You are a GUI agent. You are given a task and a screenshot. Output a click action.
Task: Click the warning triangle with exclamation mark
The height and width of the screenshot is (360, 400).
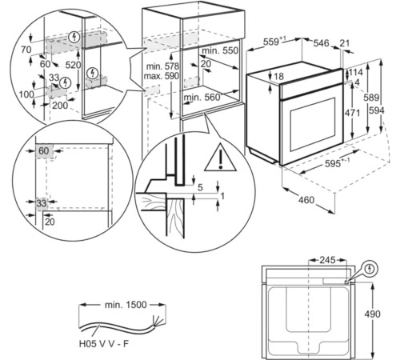(x=220, y=158)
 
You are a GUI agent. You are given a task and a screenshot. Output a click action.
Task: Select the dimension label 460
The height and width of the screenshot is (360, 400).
(x=306, y=200)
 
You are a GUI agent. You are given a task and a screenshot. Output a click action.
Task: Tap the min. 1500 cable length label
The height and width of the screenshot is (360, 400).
(x=126, y=305)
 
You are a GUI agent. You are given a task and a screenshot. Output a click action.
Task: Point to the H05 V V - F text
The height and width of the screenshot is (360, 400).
(x=104, y=344)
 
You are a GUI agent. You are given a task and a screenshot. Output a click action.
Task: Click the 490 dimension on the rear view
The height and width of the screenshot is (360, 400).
(x=372, y=314)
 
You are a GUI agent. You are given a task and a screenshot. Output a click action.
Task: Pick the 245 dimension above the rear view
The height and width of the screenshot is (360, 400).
(x=327, y=260)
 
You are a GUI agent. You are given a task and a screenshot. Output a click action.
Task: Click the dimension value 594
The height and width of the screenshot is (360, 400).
(x=377, y=110)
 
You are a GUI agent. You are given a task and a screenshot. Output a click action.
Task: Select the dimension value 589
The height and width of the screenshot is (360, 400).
(x=371, y=98)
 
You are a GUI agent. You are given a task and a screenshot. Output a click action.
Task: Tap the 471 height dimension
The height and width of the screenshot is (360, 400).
(x=352, y=113)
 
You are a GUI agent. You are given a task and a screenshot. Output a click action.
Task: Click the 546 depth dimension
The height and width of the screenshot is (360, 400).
(x=321, y=43)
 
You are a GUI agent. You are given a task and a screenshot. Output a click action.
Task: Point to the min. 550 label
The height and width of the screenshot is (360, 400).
(x=220, y=50)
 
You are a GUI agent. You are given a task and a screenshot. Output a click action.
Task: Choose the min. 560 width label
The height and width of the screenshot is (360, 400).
(x=202, y=98)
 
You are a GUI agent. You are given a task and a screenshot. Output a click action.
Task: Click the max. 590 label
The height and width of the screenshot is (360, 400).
(x=161, y=76)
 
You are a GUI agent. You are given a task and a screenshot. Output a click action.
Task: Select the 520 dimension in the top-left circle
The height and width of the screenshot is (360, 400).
(x=73, y=65)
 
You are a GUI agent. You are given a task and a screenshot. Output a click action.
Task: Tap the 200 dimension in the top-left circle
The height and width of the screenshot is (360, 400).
(x=60, y=106)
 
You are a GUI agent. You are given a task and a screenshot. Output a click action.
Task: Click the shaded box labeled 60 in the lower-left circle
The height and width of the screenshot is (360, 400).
(x=45, y=151)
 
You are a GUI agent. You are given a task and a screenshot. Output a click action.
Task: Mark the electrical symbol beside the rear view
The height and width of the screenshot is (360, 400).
(x=370, y=269)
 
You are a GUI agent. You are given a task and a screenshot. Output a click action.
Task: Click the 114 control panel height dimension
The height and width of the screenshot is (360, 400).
(x=356, y=72)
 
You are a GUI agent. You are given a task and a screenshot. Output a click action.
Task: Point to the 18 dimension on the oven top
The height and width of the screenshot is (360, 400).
(x=278, y=77)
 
